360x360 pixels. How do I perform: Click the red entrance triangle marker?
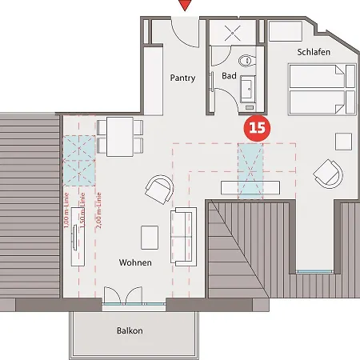click(x=186, y=6)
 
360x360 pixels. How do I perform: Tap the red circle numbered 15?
click(x=258, y=126)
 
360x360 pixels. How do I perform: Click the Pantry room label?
click(x=183, y=78)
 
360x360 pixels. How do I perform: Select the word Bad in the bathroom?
click(x=229, y=77)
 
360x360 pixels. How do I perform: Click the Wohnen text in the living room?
click(x=135, y=262)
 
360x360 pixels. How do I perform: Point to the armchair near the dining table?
click(x=158, y=190)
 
